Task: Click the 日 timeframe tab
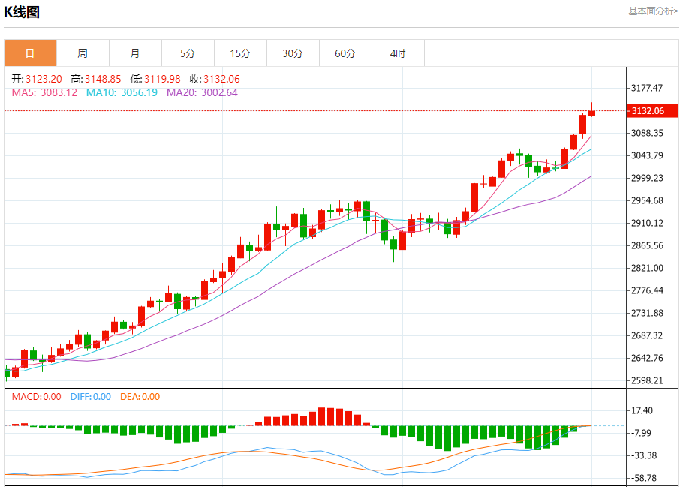click(x=30, y=53)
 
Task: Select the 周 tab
click(x=83, y=53)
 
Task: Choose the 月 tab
click(x=135, y=53)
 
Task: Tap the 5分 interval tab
click(x=188, y=53)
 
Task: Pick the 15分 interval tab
click(x=240, y=53)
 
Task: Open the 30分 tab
click(x=293, y=53)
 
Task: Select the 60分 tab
click(x=345, y=53)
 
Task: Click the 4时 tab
click(x=398, y=53)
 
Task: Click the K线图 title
click(x=22, y=12)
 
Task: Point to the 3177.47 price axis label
click(x=647, y=88)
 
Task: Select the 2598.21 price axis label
click(x=647, y=380)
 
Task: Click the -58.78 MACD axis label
click(x=645, y=478)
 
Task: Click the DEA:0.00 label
click(x=140, y=397)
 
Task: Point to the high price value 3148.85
click(x=104, y=79)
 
